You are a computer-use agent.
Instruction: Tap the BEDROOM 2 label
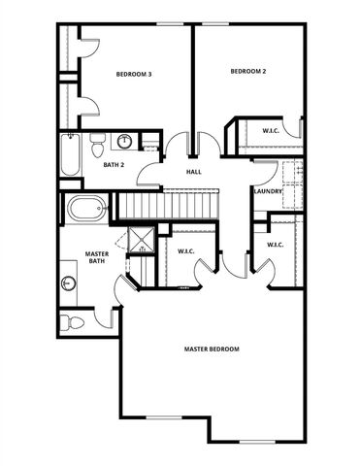coord(247,71)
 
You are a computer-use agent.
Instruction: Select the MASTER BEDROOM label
coord(212,349)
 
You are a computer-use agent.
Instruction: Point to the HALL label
coord(194,173)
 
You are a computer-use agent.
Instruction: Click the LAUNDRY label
coord(268,191)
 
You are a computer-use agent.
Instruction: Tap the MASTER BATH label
coord(96,256)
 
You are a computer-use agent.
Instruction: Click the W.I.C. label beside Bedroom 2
coord(271,130)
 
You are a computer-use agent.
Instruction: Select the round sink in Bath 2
coord(125,143)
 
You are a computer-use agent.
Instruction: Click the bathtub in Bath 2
coord(70,155)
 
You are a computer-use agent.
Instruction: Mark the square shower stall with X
coord(140,241)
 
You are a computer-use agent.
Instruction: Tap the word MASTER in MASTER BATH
coord(96,252)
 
